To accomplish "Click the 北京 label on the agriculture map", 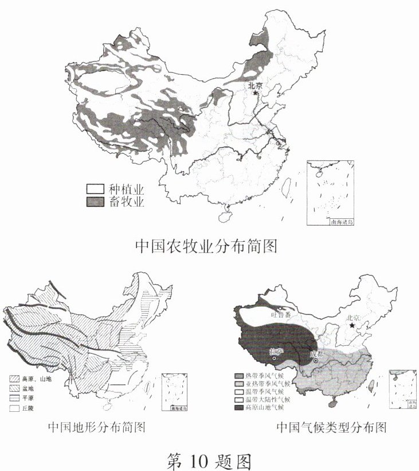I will click(x=255, y=86).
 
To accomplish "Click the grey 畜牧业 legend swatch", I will click(x=94, y=202).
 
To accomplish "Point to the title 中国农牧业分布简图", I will click(x=206, y=246).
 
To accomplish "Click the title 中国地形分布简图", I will click(x=96, y=427).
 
